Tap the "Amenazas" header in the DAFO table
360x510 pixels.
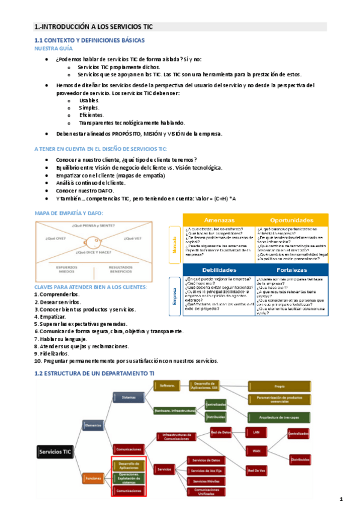coord(219,220)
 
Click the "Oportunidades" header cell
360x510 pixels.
coord(291,220)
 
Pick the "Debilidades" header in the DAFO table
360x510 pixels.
coord(219,270)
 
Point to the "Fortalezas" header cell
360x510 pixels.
coord(291,270)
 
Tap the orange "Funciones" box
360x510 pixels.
coord(93,478)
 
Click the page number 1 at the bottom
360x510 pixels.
coord(341,499)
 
